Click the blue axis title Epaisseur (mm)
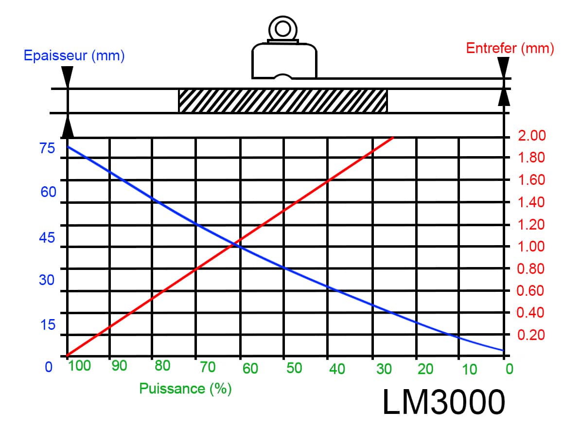coord(74,55)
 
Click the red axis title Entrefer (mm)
coord(510,48)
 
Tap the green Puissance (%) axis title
coord(185,389)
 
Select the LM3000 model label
coord(443,402)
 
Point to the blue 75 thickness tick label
coord(47,148)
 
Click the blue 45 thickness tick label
coord(47,238)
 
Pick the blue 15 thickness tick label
coord(48,325)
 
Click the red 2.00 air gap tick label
coord(532,136)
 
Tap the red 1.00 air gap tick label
coord(531,247)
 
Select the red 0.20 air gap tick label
coord(531,335)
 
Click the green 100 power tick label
coord(79,366)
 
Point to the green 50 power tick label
coord(294,368)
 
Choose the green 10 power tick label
coord(469,369)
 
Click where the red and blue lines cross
coord(233,244)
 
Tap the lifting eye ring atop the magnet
coord(282,29)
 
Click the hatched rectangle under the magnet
coord(283,101)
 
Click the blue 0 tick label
coord(49,367)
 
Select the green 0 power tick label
coord(510,369)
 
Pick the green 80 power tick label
coord(162,366)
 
